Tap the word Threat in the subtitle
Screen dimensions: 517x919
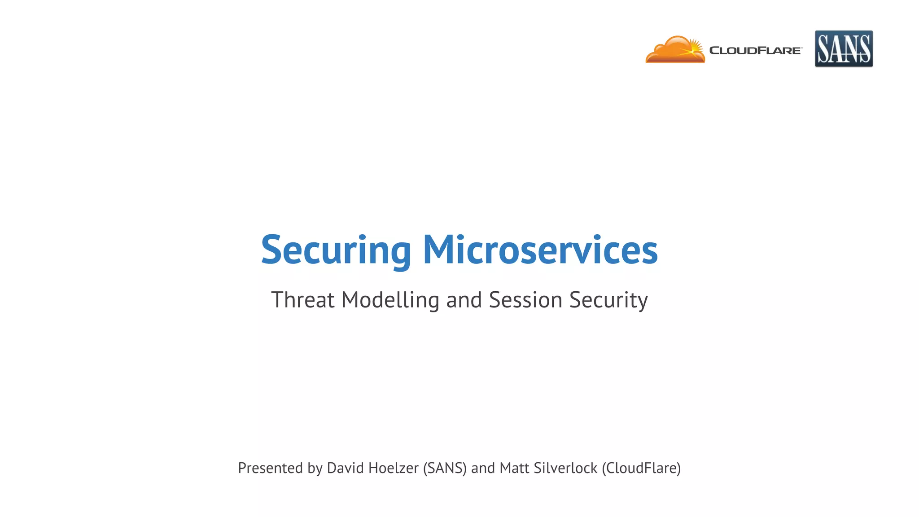303,300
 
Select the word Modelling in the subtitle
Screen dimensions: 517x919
390,300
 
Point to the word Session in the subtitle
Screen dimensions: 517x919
525,300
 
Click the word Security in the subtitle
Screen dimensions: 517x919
608,300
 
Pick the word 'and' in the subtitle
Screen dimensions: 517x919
464,300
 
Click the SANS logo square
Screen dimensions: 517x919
844,48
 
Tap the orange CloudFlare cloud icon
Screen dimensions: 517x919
673,50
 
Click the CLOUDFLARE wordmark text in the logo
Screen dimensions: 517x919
755,51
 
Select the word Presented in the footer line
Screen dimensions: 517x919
270,468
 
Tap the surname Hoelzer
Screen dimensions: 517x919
393,468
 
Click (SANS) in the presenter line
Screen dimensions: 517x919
445,468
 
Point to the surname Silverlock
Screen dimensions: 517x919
565,468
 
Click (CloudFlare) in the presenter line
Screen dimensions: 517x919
641,468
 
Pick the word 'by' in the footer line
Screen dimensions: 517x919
315,468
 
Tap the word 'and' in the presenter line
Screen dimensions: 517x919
483,468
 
